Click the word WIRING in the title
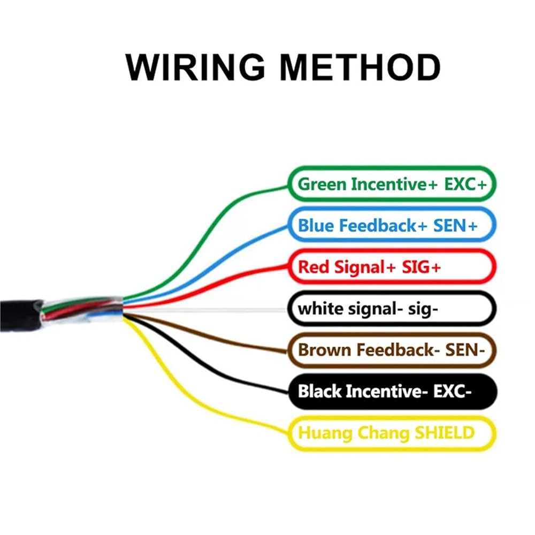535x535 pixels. [195, 67]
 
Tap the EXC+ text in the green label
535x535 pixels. [465, 185]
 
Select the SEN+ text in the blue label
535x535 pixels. [455, 226]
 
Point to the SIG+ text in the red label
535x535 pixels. [421, 267]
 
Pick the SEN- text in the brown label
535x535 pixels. [465, 350]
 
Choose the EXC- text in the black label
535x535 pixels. [453, 392]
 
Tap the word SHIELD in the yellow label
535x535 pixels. [445, 433]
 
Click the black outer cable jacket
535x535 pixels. [20, 315]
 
